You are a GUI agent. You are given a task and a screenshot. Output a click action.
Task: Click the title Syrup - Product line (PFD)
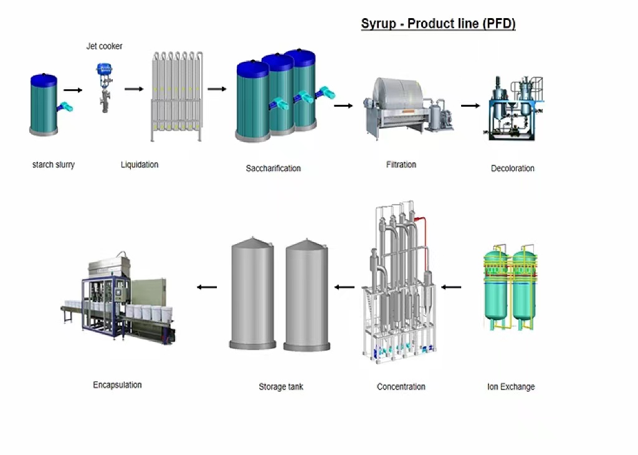[x=438, y=24]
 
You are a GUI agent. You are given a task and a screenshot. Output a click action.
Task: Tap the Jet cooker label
[x=104, y=46]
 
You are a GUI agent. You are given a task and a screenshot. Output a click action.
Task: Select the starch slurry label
[x=54, y=165]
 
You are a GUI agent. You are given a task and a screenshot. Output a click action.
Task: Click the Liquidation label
[x=140, y=165]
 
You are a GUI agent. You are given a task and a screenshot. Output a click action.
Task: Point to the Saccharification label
[x=274, y=169]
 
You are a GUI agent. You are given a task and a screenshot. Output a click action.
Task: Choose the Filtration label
[x=401, y=165]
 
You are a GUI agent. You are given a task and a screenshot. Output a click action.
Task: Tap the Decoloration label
[x=513, y=169]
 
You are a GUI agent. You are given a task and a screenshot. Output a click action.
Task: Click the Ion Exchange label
[x=511, y=386]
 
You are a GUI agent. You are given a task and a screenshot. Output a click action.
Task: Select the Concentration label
[x=401, y=386]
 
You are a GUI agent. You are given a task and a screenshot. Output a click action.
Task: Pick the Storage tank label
[x=281, y=386]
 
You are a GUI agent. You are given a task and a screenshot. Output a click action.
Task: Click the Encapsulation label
[x=117, y=385]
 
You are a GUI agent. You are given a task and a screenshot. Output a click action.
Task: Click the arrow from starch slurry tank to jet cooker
[x=73, y=90]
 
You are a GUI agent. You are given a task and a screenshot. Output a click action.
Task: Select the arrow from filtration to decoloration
[x=470, y=105]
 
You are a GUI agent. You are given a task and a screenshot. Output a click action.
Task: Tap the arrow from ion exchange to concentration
[x=451, y=287]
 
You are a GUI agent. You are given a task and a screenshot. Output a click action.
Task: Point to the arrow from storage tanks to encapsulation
[x=207, y=287]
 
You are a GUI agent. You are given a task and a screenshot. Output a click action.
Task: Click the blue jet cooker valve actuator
[x=105, y=69]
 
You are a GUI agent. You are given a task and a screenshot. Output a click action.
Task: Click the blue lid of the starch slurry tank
[x=44, y=80]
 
